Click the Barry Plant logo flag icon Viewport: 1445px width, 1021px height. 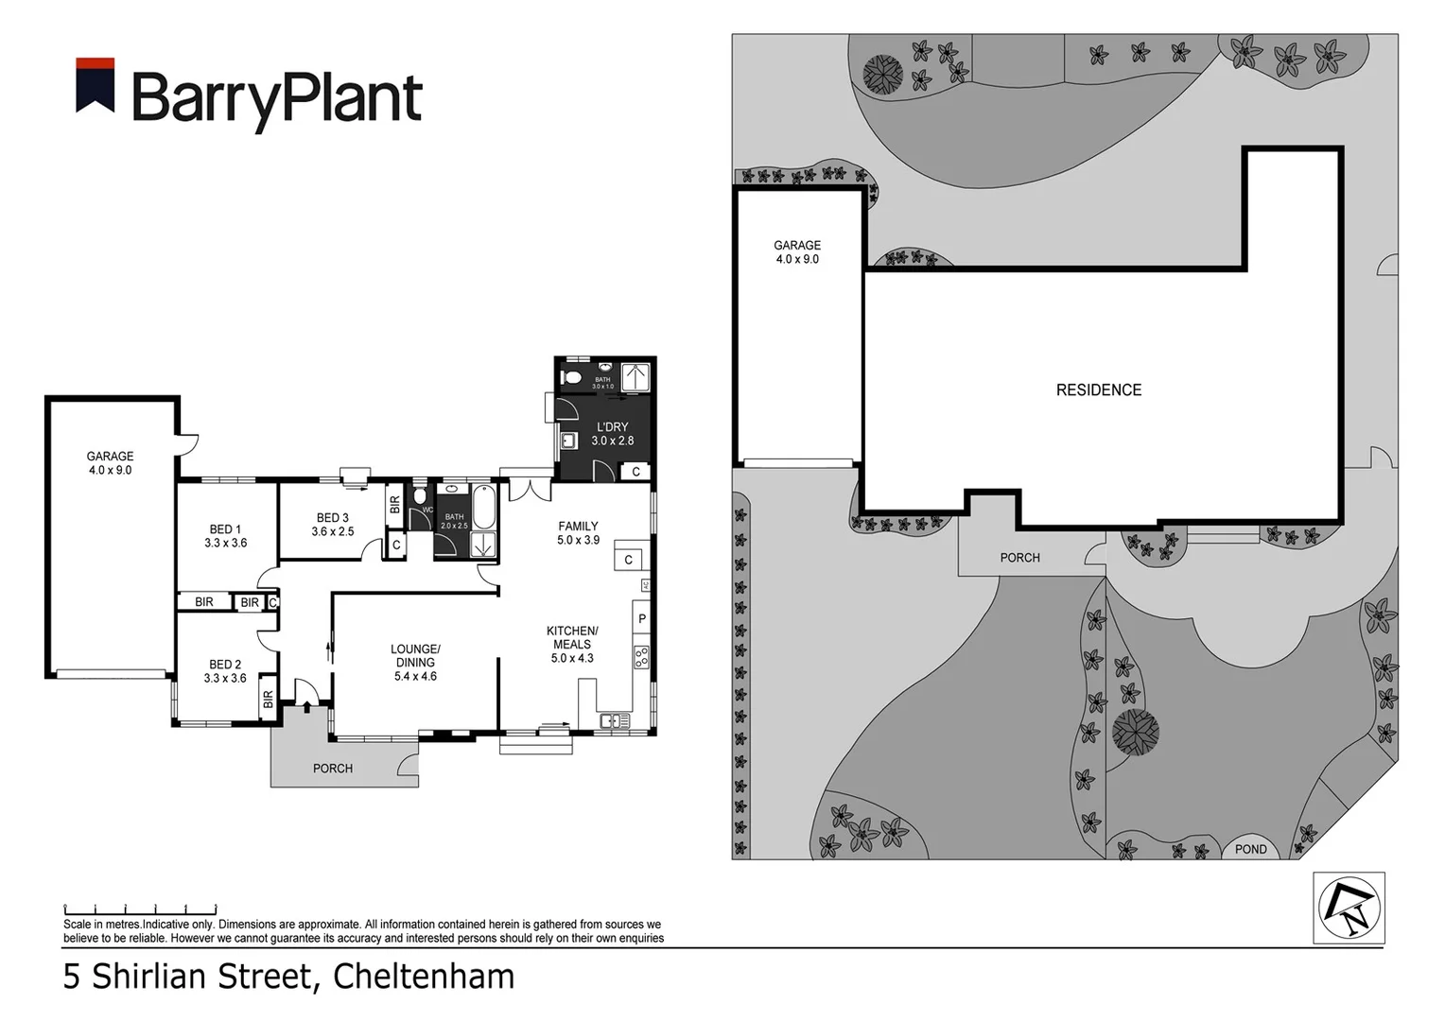click(96, 86)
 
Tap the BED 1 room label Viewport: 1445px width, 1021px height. click(225, 536)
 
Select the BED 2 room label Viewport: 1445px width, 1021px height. click(225, 671)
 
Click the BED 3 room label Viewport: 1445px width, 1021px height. click(332, 525)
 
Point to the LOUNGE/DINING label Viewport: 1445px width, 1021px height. click(415, 663)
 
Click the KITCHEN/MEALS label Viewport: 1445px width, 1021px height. click(572, 645)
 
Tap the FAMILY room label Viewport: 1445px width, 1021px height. click(578, 533)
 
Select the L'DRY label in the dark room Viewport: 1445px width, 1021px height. click(613, 434)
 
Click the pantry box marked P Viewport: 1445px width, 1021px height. click(642, 619)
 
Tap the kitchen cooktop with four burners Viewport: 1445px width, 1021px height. click(642, 657)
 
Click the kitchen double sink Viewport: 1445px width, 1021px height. click(615, 721)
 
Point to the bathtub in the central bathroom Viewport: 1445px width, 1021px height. click(482, 508)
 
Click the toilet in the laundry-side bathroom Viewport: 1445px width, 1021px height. click(571, 377)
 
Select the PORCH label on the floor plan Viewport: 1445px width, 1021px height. click(333, 769)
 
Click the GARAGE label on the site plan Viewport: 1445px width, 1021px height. click(797, 251)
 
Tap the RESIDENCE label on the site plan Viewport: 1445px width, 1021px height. click(1098, 389)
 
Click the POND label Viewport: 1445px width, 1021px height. click(1250, 849)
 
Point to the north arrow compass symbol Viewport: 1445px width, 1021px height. click(1349, 908)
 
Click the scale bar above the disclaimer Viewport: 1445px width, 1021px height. click(140, 909)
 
